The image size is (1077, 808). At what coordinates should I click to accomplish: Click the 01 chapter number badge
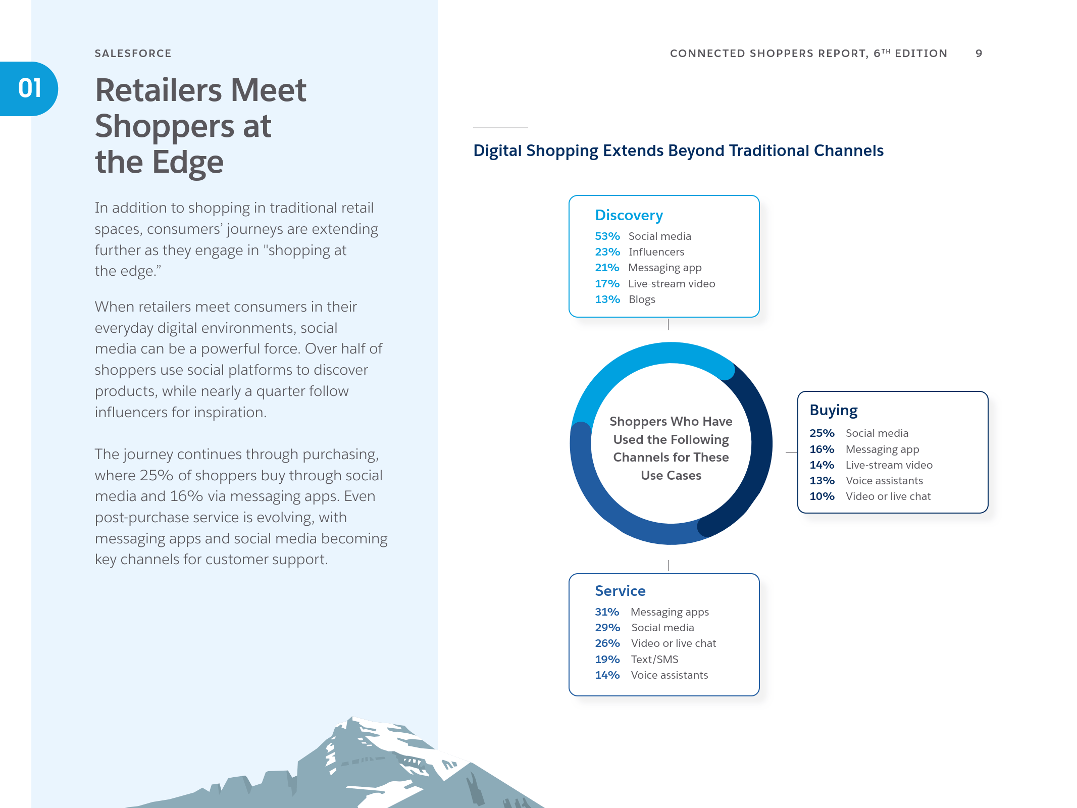coord(29,89)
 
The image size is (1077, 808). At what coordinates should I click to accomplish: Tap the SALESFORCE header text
coord(133,54)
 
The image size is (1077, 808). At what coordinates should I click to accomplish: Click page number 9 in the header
coord(979,54)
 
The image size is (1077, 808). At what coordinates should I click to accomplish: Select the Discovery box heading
coord(629,216)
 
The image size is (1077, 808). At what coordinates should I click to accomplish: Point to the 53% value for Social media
coord(607,236)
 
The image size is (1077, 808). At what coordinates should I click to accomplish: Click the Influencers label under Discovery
coord(656,252)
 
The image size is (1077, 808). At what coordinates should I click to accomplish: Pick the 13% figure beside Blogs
coord(607,299)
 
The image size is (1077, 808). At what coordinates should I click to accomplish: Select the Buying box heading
coord(834,411)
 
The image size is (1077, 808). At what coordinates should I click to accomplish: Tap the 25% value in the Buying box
coord(822,433)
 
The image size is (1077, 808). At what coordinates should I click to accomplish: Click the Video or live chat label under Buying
coord(888,496)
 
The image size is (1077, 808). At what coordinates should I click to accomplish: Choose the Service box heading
coord(620,591)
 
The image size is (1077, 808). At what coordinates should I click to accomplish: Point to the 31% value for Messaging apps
coord(607,612)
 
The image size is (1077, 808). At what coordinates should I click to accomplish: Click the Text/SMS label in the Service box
coord(654,660)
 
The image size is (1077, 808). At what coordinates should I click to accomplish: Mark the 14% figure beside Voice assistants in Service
coord(607,675)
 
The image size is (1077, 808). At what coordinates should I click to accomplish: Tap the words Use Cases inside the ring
coord(671,476)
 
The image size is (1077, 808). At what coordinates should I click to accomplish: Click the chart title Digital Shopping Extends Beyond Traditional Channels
coord(678,151)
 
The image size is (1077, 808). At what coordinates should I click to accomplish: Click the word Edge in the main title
coord(188,163)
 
